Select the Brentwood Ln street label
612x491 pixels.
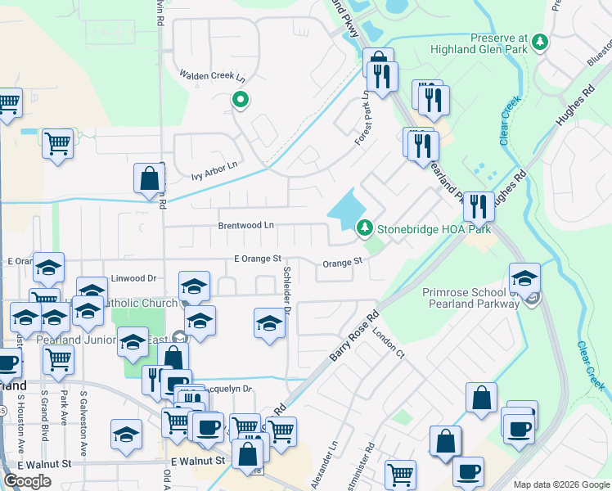pyautogui.click(x=245, y=225)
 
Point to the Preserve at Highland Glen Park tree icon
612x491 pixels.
pyautogui.click(x=539, y=40)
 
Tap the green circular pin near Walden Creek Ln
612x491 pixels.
pyautogui.click(x=241, y=101)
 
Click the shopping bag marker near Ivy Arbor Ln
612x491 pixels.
pyautogui.click(x=150, y=179)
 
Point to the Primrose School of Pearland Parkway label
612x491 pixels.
pyautogui.click(x=470, y=298)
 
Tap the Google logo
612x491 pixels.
pyautogui.click(x=27, y=480)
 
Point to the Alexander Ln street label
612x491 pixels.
pyautogui.click(x=333, y=460)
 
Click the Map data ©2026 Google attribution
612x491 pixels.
pyautogui.click(x=560, y=484)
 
